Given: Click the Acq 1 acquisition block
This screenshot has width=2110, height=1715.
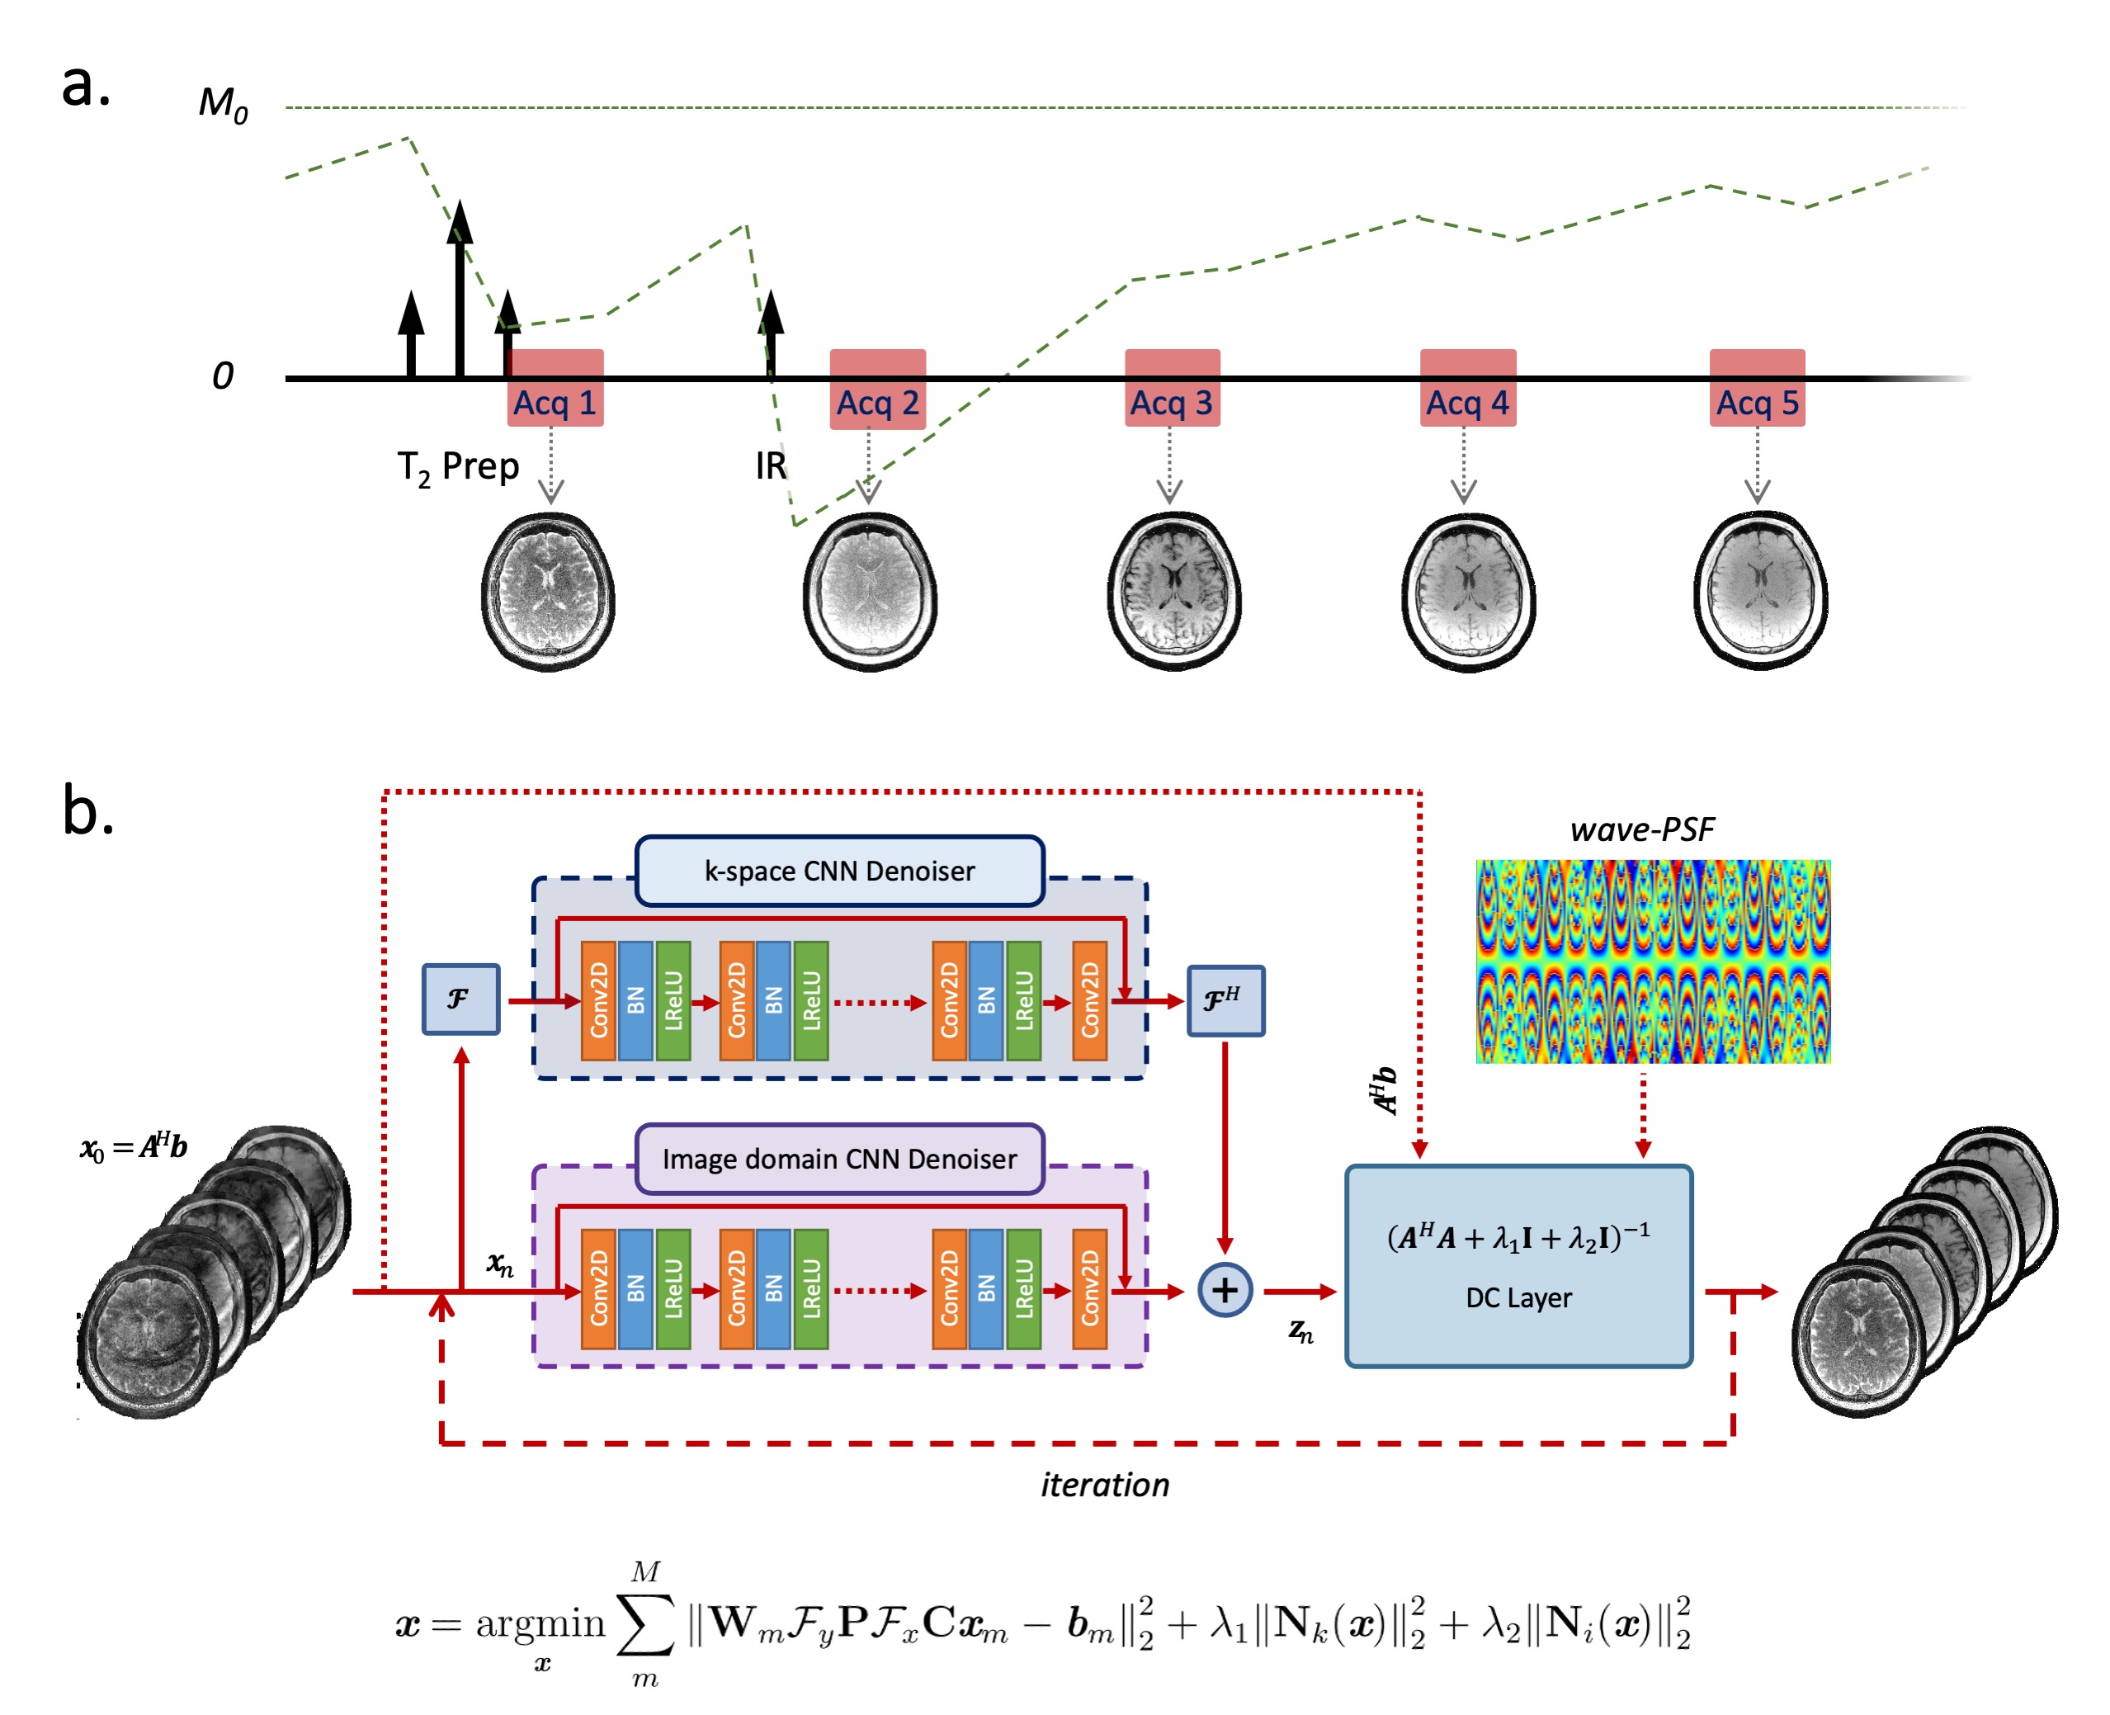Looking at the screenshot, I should click(555, 388).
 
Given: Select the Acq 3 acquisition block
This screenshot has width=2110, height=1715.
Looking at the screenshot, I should click(1172, 388).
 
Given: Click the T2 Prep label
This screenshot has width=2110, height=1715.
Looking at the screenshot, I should click(457, 467).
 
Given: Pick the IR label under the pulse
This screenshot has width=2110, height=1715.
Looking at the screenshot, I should click(771, 466).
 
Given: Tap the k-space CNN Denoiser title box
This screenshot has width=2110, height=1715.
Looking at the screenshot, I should click(840, 872).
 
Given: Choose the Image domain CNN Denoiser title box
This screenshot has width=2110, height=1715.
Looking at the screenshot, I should click(840, 1159).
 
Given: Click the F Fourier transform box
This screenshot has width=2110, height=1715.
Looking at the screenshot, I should click(460, 999).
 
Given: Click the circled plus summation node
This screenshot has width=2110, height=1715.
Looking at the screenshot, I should click(1225, 1290).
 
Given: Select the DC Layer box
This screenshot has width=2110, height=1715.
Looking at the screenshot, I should click(1518, 1267).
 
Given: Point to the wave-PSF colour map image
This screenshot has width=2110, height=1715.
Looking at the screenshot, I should click(1653, 961).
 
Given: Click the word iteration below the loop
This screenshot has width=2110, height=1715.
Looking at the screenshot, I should click(1104, 1486).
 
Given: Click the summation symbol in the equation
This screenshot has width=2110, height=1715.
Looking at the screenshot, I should click(645, 1623).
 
